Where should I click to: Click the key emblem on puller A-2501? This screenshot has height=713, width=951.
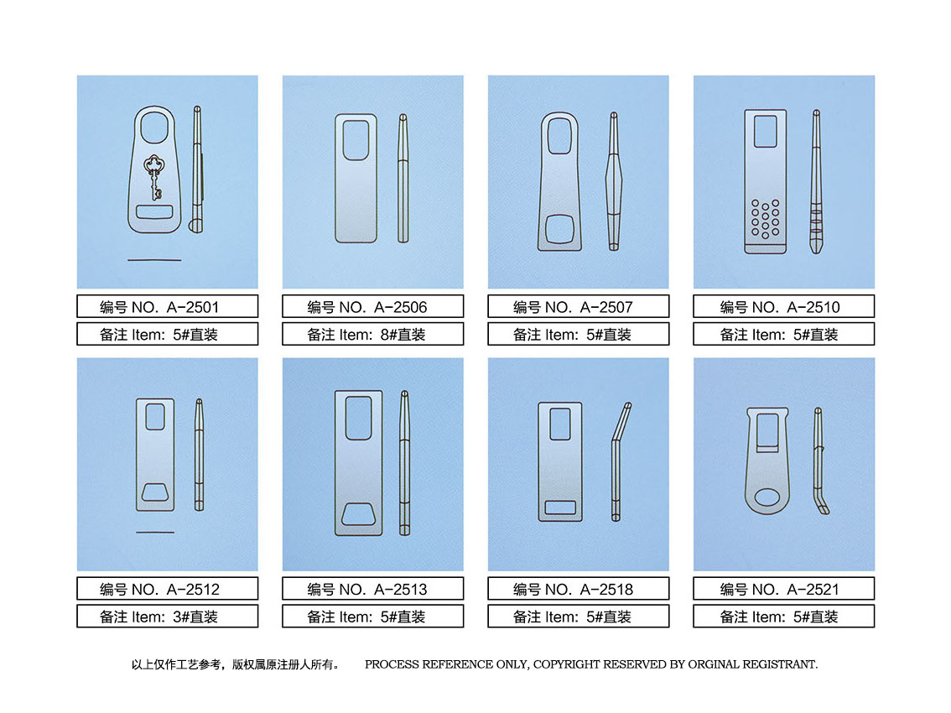tap(153, 177)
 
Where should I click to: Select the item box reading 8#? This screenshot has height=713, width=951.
tap(372, 335)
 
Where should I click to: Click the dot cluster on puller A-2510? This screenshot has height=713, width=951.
tap(766, 218)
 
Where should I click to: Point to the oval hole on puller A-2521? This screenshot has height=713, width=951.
tap(767, 498)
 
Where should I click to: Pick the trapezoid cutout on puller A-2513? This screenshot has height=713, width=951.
tap(358, 514)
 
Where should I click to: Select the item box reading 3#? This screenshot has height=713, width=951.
tap(168, 617)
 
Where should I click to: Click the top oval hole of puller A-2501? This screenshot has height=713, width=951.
tap(154, 128)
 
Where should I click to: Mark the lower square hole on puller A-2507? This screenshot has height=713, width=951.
tap(559, 229)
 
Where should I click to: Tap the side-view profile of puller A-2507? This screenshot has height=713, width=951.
tap(614, 181)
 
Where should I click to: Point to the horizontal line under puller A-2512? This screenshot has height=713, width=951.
tap(155, 532)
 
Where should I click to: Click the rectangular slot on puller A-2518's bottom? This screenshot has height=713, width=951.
tap(560, 507)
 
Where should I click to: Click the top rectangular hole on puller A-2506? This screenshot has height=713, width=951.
tap(356, 140)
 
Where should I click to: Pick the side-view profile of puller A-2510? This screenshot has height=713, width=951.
tap(816, 182)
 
